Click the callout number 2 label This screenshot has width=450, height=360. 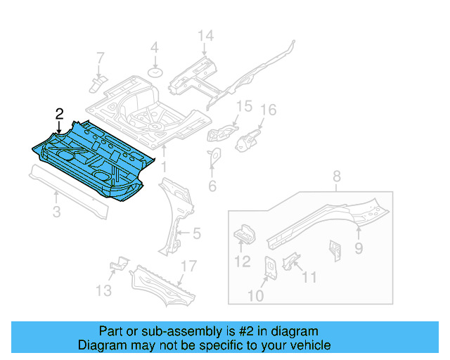[x=60, y=113]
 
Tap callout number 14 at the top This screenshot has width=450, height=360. [x=205, y=36]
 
